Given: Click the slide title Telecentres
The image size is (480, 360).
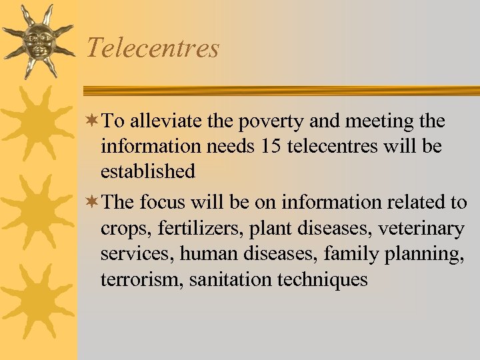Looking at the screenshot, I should click(x=153, y=48).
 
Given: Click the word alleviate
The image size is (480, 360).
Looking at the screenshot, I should click(x=159, y=121).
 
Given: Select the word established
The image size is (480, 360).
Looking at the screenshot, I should click(x=148, y=171).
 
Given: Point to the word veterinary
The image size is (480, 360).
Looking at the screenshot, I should click(x=421, y=229).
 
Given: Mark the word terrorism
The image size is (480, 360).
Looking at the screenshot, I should click(x=142, y=279).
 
